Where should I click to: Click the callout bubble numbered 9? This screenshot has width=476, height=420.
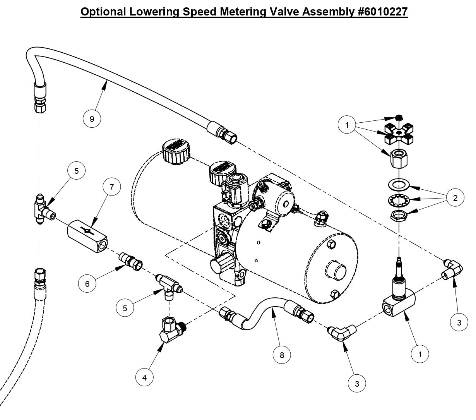(92, 119)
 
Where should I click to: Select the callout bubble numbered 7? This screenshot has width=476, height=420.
(111, 187)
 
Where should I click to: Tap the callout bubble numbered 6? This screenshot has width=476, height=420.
(87, 284)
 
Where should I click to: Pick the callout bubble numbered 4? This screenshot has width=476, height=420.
(145, 378)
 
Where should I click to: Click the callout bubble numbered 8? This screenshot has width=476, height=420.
(282, 355)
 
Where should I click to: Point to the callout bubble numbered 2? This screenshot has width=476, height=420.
(455, 198)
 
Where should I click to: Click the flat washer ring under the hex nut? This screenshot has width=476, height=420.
(398, 185)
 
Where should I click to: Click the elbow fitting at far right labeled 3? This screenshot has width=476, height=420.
(452, 269)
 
